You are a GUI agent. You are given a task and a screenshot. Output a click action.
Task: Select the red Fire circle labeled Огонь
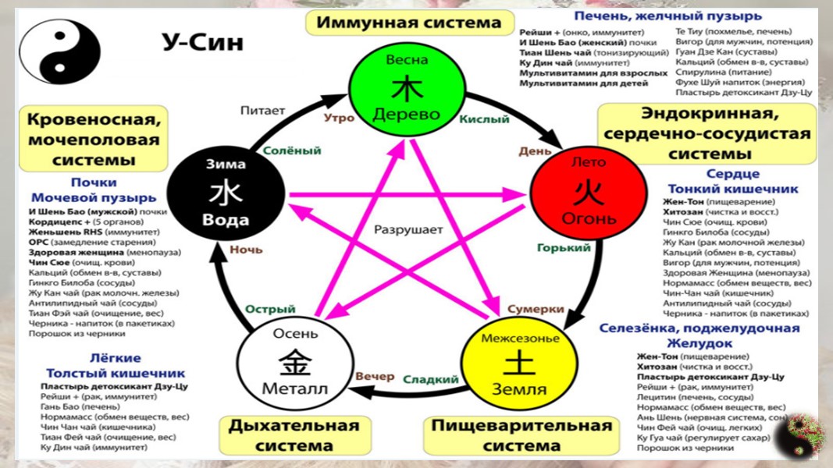coord(589,191)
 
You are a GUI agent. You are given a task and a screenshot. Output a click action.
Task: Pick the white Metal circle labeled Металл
coord(296,362)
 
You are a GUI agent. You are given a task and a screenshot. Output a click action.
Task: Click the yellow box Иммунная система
coord(408,23)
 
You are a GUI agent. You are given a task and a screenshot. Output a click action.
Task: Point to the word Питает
coord(262,111)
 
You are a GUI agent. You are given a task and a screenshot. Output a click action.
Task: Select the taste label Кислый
coord(484,119)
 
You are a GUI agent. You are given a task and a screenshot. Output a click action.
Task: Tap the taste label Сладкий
coord(430,380)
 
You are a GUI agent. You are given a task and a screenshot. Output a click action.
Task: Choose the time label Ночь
coord(246,250)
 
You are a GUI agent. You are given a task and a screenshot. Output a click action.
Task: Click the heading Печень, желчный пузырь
coord(667,16)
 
